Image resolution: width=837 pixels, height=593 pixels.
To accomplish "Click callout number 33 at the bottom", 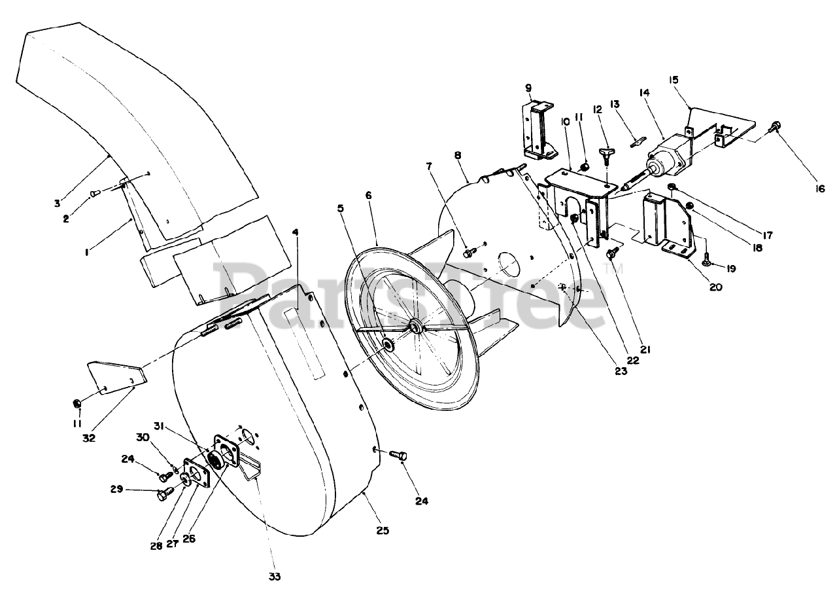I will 274,577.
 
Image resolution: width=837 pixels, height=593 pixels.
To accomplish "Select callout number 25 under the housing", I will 383,530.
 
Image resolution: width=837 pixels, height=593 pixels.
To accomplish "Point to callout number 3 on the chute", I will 58,203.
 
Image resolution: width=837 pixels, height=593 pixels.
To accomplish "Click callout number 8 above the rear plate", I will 458,156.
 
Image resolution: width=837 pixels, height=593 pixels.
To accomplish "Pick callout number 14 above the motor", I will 645,94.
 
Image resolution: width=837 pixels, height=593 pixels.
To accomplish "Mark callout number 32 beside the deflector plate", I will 89,438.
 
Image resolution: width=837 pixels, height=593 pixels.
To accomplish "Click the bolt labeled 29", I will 163,495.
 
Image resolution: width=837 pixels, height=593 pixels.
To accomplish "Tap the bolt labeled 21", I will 613,253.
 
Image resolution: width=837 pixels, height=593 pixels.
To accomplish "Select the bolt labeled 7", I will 468,252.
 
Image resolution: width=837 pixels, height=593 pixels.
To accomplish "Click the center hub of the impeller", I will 415,326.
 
